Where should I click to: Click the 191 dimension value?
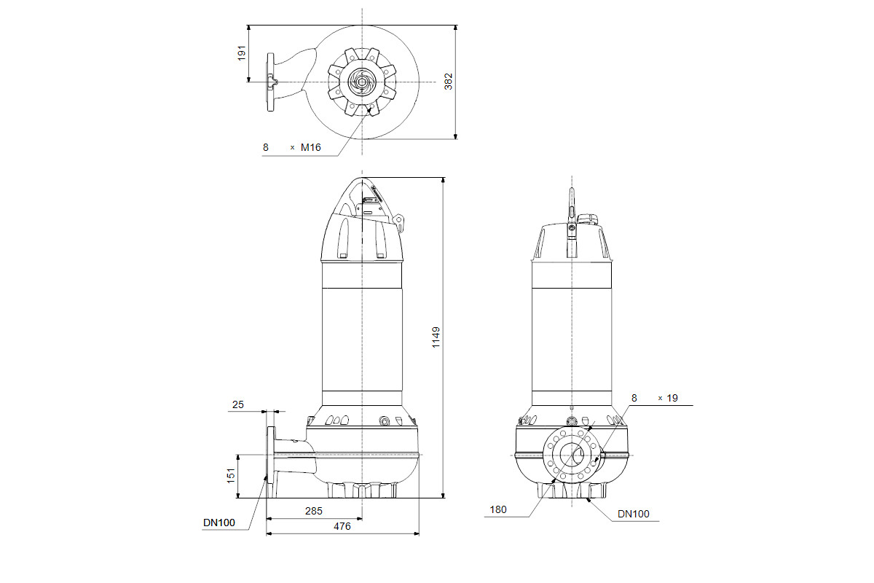(x=242, y=53)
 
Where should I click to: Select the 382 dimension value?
(x=449, y=82)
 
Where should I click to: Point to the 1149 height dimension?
(x=436, y=337)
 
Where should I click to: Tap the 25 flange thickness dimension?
(x=237, y=404)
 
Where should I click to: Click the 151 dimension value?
(x=231, y=476)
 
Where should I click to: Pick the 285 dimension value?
(x=314, y=511)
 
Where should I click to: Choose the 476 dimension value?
(x=342, y=526)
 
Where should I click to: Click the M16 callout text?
(x=310, y=147)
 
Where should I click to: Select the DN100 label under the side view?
(x=219, y=523)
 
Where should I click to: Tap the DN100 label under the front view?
(x=633, y=514)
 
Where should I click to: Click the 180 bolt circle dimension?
(x=498, y=509)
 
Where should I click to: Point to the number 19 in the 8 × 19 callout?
(x=672, y=398)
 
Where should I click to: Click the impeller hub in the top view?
(x=362, y=82)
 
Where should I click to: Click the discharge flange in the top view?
(x=270, y=82)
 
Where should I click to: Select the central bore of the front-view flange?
(x=572, y=455)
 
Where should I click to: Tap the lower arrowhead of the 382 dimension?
(x=455, y=136)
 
